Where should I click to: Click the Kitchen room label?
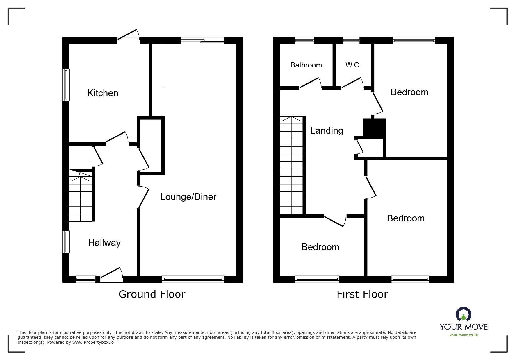coord(103,93)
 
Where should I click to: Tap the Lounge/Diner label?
coord(188,197)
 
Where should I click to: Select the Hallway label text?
coord(104,243)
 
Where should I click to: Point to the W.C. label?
coord(353,65)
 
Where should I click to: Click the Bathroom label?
coord(306,65)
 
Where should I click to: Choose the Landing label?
coord(326,130)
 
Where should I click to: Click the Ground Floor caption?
coord(152,294)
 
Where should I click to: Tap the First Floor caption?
coord(362,294)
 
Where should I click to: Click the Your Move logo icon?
coord(463,315)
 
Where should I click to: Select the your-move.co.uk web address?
coord(464,335)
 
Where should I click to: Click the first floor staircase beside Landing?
coord(291,166)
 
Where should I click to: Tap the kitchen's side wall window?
coord(66,85)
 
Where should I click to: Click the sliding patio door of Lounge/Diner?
coord(202,40)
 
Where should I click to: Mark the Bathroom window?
coord(304,40)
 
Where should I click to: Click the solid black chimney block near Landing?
coord(374,128)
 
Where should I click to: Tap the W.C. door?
coord(352,83)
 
